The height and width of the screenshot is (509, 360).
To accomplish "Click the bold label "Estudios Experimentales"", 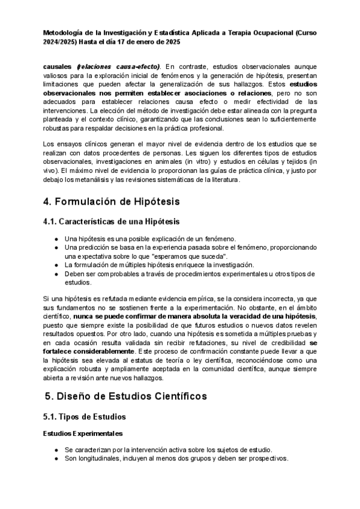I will [x=83, y=433].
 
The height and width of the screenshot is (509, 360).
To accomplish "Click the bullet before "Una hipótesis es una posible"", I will [x=56, y=238].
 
